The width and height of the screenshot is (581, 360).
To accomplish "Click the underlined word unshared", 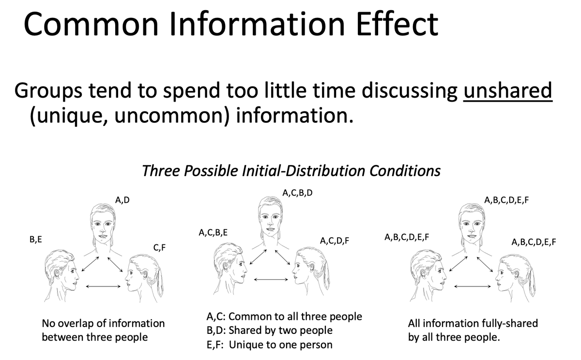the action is [x=508, y=90].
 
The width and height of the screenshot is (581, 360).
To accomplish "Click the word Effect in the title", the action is [x=397, y=24].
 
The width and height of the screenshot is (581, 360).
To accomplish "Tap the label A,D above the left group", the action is [x=122, y=200].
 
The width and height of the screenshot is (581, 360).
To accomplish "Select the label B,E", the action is [x=36, y=239].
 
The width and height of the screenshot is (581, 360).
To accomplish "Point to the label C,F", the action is [x=159, y=248].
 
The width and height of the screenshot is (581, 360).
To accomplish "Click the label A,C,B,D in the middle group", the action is [x=297, y=193].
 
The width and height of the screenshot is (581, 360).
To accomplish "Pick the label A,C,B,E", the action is [x=213, y=232].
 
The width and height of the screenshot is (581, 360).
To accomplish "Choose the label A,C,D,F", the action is [x=335, y=241].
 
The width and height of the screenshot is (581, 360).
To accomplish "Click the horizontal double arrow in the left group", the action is [x=103, y=286].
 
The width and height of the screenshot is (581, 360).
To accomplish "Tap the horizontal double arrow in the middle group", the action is [x=271, y=279].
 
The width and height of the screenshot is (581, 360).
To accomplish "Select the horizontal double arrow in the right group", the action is [x=473, y=286].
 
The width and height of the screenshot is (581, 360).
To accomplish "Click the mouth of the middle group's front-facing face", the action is [x=270, y=229].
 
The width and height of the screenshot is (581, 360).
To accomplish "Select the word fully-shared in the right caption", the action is [x=510, y=323].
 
